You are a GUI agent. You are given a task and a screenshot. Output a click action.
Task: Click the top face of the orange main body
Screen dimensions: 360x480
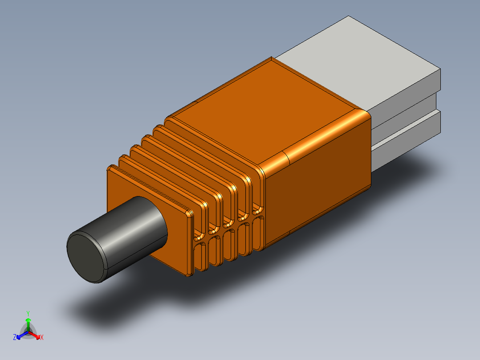click(272, 111)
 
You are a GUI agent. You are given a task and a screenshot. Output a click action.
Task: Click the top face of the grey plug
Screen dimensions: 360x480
click(356, 58)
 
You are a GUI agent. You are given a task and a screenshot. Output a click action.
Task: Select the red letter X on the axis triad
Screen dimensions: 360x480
click(42, 338)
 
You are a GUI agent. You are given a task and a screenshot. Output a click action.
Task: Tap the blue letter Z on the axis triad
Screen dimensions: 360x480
click(15, 338)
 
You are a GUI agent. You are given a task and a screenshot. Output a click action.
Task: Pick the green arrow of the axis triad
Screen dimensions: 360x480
click(28, 323)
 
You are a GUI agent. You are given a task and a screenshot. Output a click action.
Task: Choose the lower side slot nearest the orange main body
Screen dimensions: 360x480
click(258, 233)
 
